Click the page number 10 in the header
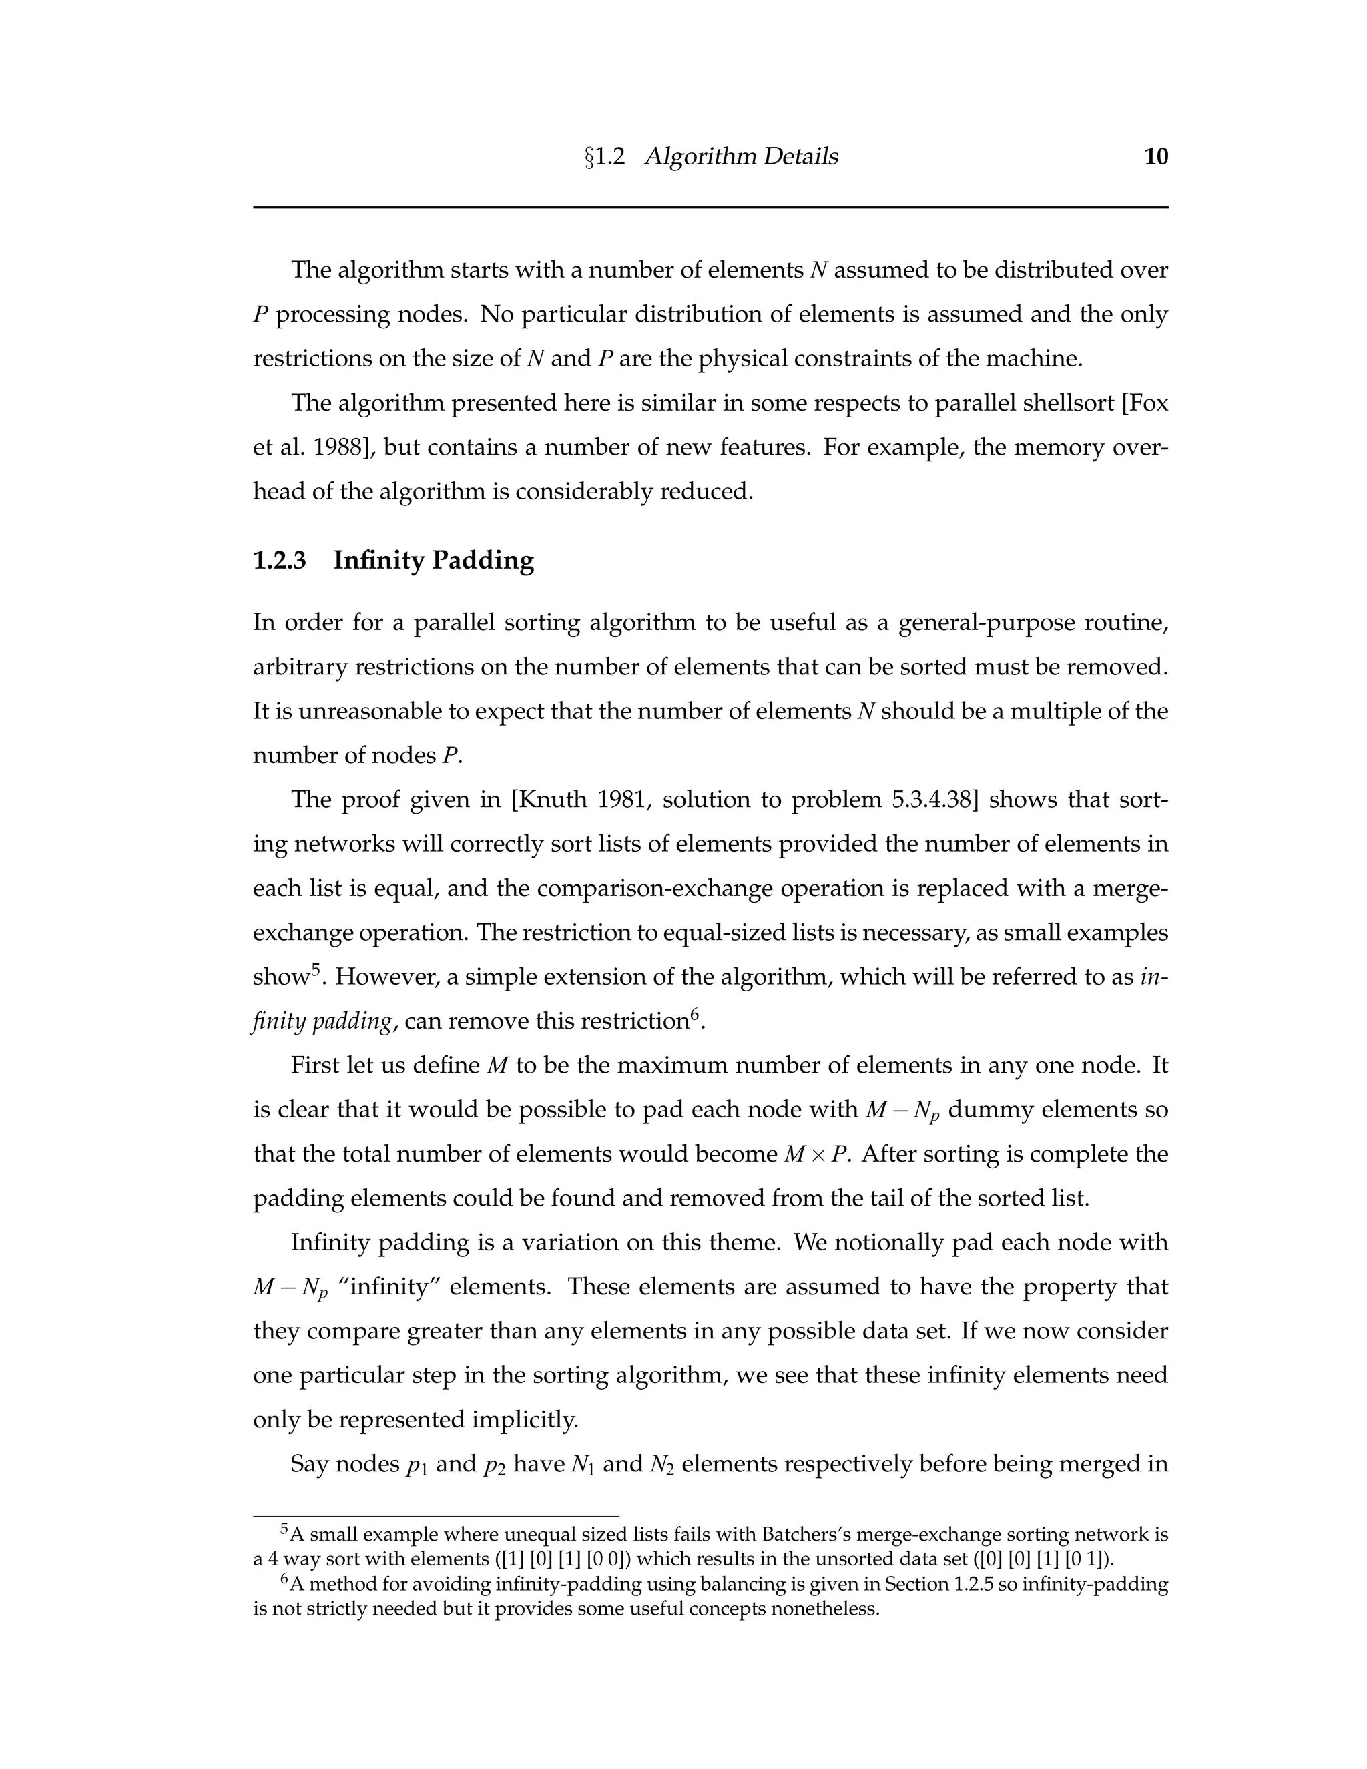[x=1155, y=156]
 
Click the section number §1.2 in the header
[x=605, y=156]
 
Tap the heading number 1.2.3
[x=280, y=561]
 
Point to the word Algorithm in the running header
[x=695, y=156]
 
